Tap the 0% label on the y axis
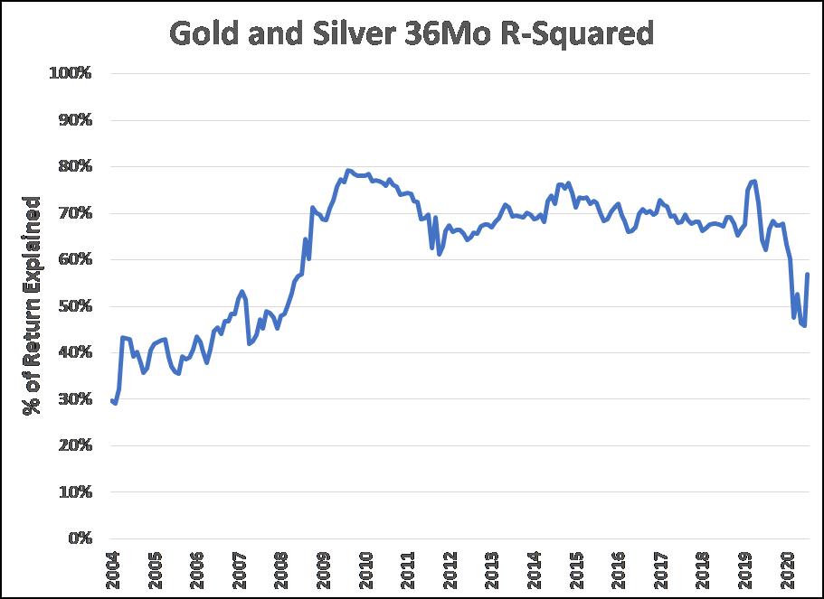[x=78, y=538]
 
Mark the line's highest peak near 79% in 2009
[x=347, y=170]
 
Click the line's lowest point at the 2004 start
[x=115, y=403]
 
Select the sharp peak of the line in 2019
[x=753, y=181]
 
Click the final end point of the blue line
[x=807, y=275]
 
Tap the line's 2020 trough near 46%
[x=803, y=325]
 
